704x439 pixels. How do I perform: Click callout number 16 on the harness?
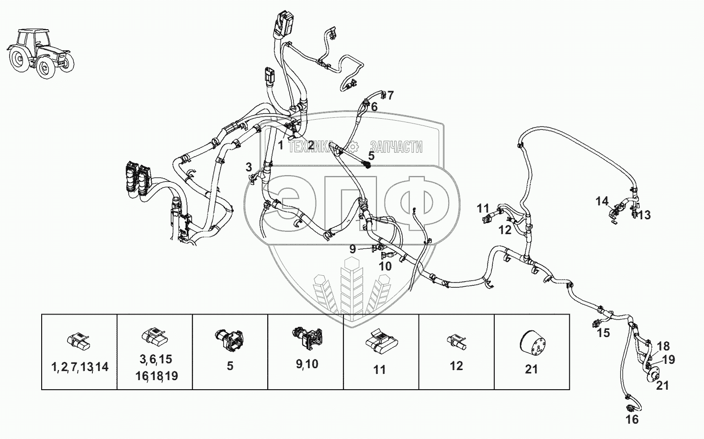pyautogui.click(x=632, y=419)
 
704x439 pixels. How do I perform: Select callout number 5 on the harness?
pyautogui.click(x=371, y=155)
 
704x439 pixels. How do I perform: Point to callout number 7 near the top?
pyautogui.click(x=390, y=95)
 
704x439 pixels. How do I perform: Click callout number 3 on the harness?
pyautogui.click(x=249, y=167)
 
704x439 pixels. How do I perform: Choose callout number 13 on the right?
pyautogui.click(x=645, y=215)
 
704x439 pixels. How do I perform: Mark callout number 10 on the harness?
pyautogui.click(x=386, y=266)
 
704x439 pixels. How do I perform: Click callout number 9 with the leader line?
pyautogui.click(x=353, y=248)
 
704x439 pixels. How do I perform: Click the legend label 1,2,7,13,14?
pyautogui.click(x=80, y=367)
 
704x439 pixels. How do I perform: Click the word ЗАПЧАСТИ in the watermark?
pyautogui.click(x=396, y=147)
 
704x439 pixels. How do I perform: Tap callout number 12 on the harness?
pyautogui.click(x=504, y=230)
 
